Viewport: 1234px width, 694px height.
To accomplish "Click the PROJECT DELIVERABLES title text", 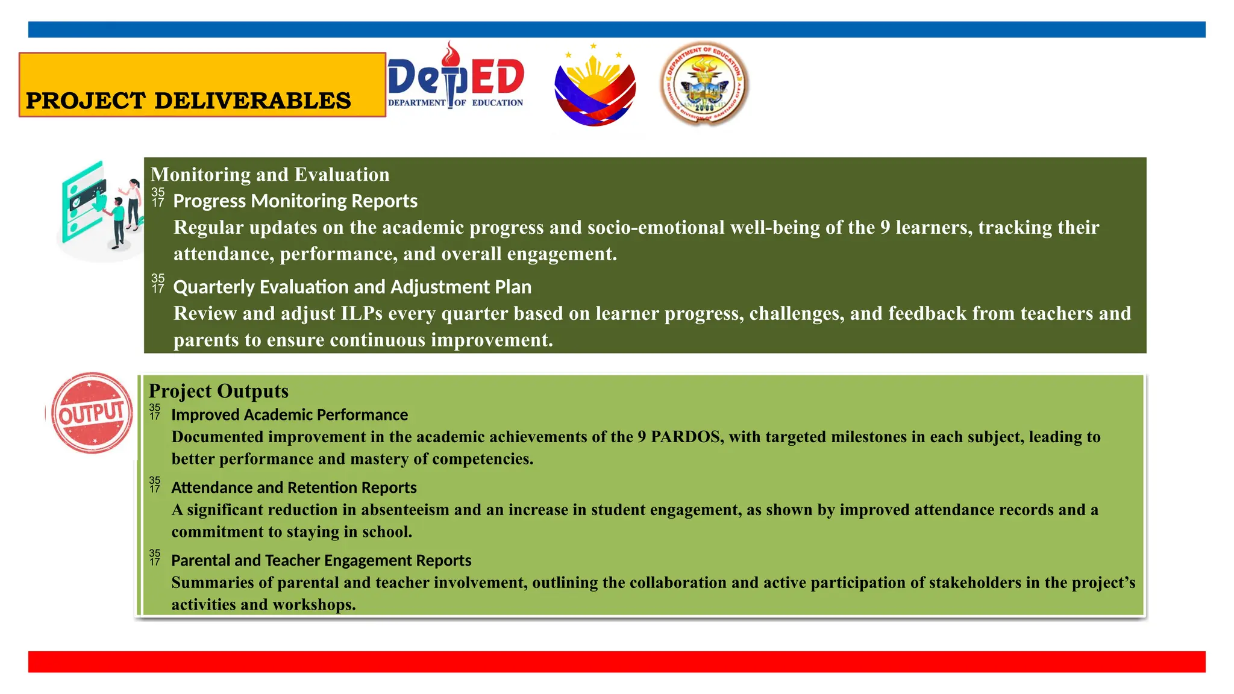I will [188, 101].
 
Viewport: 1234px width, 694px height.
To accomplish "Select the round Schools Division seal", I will [704, 83].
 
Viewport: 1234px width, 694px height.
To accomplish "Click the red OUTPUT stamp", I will [92, 413].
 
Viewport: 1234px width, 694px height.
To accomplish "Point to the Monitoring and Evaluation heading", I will [270, 175].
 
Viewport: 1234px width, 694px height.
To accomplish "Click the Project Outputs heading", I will [219, 391].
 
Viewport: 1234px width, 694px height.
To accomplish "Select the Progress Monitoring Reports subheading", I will [295, 201].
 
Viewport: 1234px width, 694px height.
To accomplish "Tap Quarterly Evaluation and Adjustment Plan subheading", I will [352, 287].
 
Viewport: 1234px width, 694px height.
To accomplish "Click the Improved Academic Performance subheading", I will [289, 415].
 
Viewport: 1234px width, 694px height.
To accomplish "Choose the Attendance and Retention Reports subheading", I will [294, 487].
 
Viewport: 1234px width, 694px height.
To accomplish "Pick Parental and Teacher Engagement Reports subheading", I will [321, 560].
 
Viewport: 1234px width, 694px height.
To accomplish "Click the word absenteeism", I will [405, 510].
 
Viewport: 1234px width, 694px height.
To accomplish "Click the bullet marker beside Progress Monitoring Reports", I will [158, 198].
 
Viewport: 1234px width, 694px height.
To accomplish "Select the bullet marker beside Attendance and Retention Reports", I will [155, 484].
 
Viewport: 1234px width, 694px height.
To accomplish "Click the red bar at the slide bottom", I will [616, 661].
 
